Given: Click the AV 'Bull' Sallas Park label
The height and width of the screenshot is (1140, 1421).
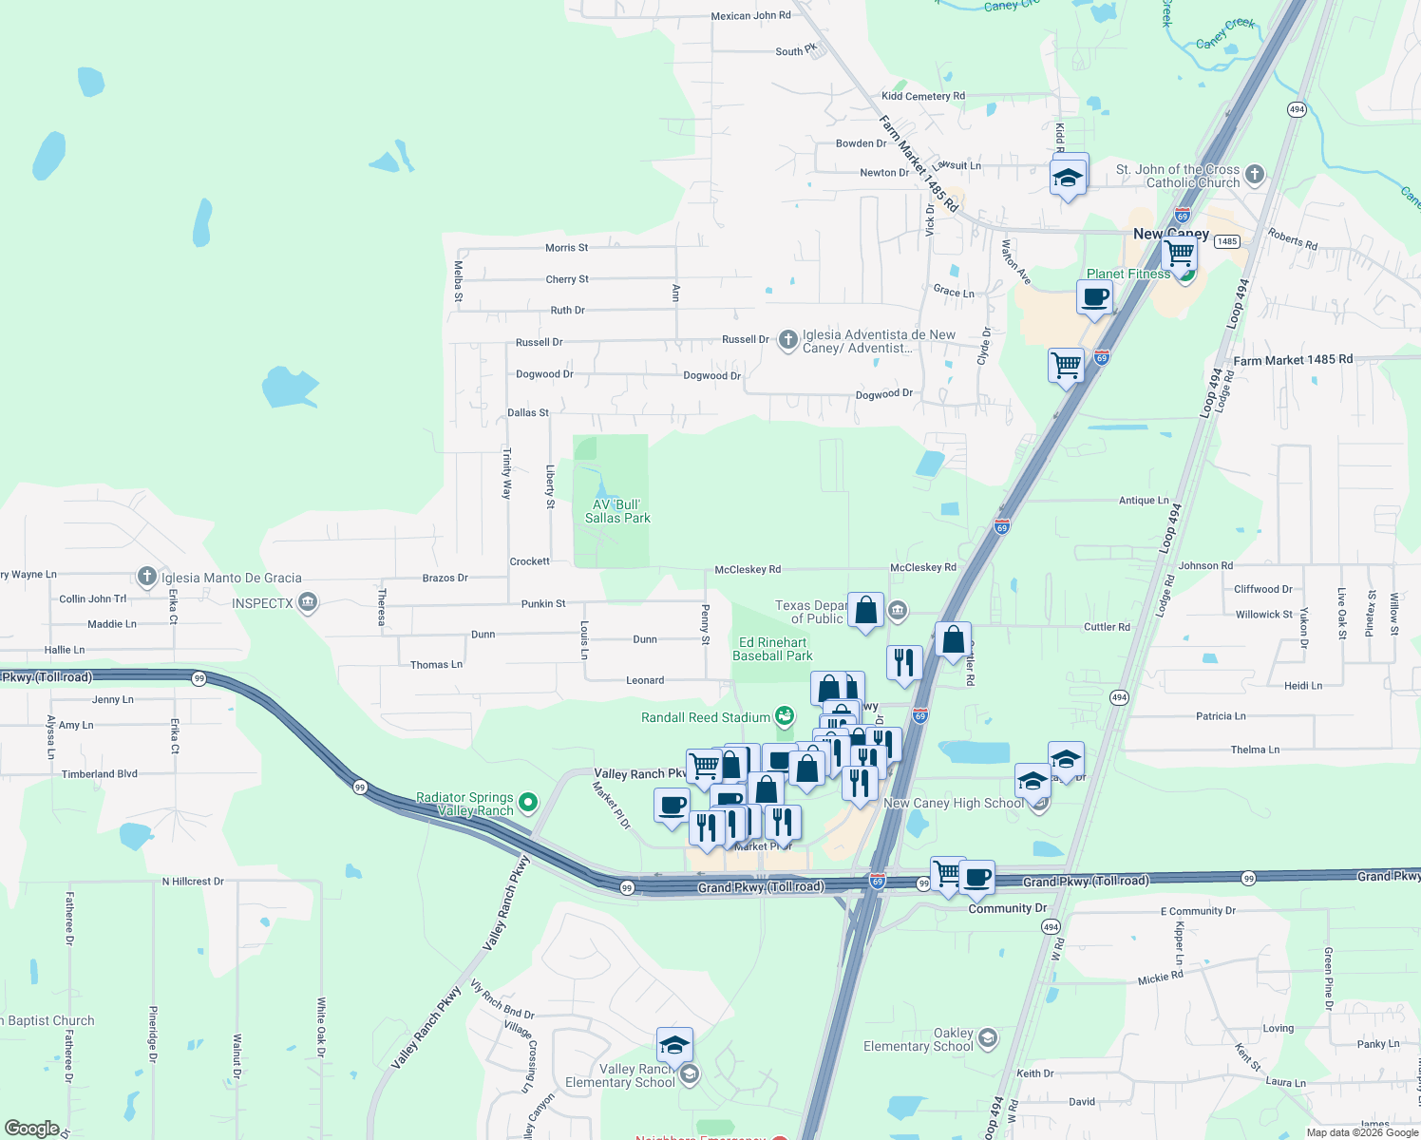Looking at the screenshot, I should (x=617, y=511).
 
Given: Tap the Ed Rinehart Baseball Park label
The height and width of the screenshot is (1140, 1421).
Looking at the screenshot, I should (x=772, y=649).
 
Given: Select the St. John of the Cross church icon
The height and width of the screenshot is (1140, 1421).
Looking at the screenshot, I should (x=1255, y=174).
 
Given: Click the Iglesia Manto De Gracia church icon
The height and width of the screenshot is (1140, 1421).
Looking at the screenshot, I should (x=146, y=576).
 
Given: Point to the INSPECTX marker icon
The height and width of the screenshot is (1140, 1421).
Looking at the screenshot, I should (x=307, y=602).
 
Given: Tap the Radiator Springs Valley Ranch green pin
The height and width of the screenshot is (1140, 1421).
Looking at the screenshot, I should (x=528, y=803).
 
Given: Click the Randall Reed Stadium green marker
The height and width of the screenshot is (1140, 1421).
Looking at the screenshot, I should (x=784, y=715).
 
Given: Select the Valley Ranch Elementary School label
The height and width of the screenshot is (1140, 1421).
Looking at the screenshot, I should (x=619, y=1075).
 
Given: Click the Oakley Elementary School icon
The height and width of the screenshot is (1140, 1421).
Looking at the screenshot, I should (x=988, y=1036).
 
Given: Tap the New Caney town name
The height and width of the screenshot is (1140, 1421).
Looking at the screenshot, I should (x=1170, y=234).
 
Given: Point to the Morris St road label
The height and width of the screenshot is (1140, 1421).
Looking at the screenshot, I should (x=566, y=248).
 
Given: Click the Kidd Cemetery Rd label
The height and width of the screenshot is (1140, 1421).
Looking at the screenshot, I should (x=922, y=96).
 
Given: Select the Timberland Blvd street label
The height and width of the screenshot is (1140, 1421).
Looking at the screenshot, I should (x=100, y=774).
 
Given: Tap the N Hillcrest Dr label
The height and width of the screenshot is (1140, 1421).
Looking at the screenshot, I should (x=193, y=882).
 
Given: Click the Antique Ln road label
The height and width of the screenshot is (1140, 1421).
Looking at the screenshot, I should (x=1144, y=501).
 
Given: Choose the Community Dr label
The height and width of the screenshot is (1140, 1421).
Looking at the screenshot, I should (x=1007, y=908).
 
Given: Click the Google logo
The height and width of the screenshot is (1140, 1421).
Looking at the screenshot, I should (x=31, y=1129).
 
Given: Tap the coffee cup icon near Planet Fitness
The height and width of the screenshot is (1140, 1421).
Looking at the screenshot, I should (x=1094, y=297).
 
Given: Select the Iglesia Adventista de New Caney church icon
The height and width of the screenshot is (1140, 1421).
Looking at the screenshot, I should (x=787, y=340).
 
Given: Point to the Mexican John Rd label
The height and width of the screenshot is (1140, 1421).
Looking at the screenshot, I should (x=750, y=16).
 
